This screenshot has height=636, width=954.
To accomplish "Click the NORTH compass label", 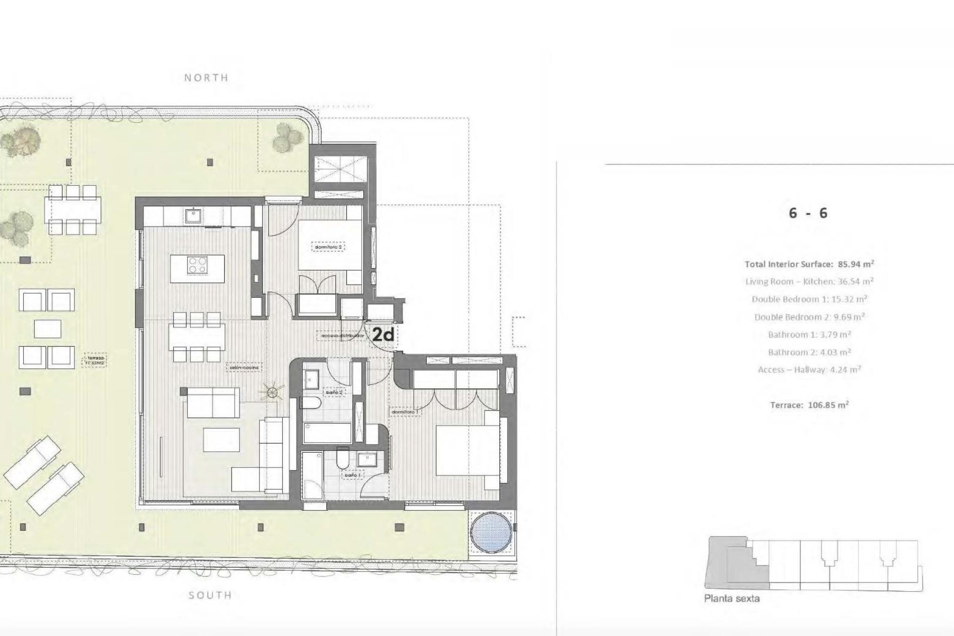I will [206, 78].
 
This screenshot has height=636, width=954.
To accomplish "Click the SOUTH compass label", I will [210, 595].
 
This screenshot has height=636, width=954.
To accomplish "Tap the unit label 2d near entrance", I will [383, 335].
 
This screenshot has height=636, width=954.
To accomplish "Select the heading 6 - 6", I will [808, 213].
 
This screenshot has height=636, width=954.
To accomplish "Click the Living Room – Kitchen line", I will [809, 281].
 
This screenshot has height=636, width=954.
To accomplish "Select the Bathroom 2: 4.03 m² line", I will [809, 352].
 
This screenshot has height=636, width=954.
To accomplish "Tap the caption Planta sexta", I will [731, 599].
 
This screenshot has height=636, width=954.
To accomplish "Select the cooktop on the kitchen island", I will [197, 264].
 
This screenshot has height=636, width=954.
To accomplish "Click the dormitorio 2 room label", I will [328, 247].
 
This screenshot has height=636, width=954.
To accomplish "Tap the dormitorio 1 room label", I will [405, 412].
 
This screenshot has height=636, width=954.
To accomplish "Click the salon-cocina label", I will [243, 368].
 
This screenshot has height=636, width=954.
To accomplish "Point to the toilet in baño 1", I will [343, 459].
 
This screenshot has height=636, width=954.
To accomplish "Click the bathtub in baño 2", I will [327, 433].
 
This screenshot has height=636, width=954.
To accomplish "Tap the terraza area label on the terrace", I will [94, 360].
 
